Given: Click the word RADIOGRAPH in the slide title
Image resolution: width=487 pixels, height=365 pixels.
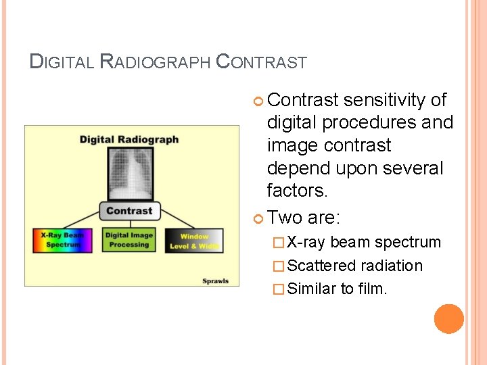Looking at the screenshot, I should tap(155, 63).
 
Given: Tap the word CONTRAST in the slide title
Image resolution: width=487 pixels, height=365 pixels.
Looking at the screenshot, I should tap(261, 63).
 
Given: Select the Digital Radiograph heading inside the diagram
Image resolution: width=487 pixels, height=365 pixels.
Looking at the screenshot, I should tap(129, 140).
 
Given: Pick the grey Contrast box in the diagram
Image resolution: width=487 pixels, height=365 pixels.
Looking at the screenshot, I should tap(129, 210).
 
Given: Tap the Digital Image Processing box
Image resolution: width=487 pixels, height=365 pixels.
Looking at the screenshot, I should tap(129, 240).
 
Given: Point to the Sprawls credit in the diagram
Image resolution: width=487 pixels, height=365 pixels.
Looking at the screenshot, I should tap(216, 281).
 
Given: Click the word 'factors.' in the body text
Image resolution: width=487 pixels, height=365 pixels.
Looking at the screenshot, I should tap(297, 191).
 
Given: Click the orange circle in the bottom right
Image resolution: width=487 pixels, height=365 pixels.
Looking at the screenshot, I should tap(449, 319).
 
